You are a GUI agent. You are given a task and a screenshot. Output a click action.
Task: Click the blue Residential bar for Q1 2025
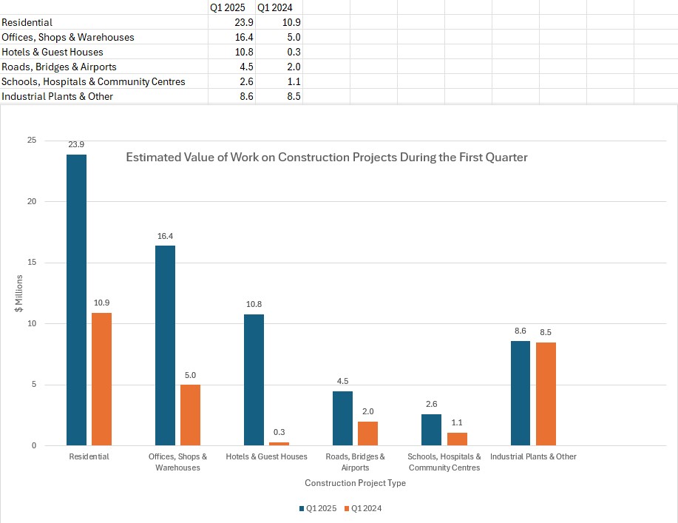[x=76, y=300]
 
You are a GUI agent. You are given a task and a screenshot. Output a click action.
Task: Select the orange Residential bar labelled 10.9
[x=101, y=379]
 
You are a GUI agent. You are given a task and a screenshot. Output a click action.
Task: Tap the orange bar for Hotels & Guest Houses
[x=279, y=444]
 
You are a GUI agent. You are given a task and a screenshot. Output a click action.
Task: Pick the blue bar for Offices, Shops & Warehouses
[x=165, y=345]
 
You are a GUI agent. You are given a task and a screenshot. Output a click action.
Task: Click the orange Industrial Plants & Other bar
[x=545, y=394]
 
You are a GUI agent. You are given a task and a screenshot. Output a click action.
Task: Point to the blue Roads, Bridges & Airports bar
[x=342, y=418]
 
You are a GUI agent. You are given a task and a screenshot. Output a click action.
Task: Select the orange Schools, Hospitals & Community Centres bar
[x=456, y=439]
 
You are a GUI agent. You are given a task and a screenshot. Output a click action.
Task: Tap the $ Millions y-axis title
[x=19, y=293]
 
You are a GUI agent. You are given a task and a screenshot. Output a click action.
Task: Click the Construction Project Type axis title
[x=355, y=483]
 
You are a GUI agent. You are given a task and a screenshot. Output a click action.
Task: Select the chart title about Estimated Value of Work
[x=326, y=158]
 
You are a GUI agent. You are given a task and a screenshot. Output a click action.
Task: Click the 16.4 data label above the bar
[x=165, y=237]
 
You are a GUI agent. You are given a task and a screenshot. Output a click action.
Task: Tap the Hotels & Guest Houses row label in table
[x=52, y=52]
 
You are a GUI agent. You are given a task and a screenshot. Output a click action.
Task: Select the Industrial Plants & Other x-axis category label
[x=533, y=456]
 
